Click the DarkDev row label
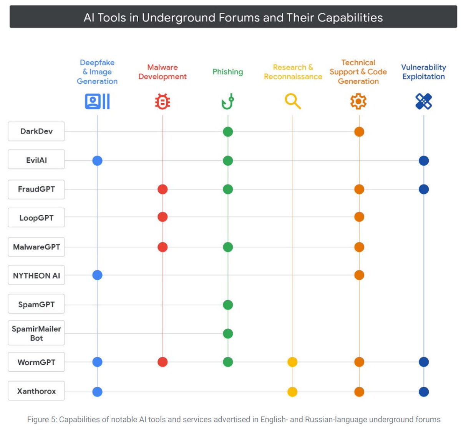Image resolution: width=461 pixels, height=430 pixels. click(x=36, y=131)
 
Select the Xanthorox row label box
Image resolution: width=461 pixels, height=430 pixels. click(x=36, y=391)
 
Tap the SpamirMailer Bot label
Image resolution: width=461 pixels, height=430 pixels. click(x=36, y=333)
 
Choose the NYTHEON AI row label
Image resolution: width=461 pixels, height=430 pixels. click(x=36, y=275)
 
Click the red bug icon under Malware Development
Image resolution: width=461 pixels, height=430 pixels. click(x=163, y=102)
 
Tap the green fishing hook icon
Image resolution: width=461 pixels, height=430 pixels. click(x=228, y=102)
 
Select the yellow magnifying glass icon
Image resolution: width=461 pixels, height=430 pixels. click(x=293, y=102)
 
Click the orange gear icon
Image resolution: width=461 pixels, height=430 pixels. click(x=358, y=102)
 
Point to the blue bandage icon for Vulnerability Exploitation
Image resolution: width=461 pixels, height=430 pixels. click(x=424, y=102)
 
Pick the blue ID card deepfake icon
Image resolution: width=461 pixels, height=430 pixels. click(x=97, y=102)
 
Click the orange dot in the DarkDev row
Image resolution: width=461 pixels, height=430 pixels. click(x=359, y=132)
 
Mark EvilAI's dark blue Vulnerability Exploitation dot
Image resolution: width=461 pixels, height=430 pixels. click(x=424, y=161)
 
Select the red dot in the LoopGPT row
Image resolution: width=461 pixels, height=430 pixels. click(x=163, y=217)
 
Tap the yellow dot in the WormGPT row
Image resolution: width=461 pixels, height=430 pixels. click(x=292, y=362)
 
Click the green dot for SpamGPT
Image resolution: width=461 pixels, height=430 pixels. click(x=228, y=305)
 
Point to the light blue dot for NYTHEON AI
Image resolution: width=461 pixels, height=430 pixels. click(x=97, y=275)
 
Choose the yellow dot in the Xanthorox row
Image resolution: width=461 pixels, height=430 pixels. click(x=292, y=392)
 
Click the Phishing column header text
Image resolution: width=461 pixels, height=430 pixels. click(x=228, y=72)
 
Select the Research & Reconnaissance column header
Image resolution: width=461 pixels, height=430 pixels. click(x=293, y=72)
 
